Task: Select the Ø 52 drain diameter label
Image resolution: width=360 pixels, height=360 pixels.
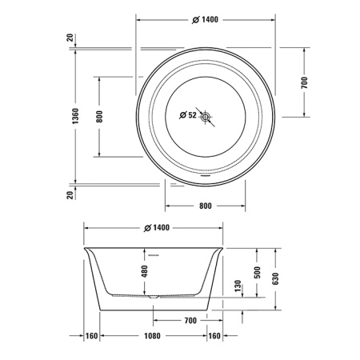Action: click(187, 116)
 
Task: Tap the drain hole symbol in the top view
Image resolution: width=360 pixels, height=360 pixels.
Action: click(206, 117)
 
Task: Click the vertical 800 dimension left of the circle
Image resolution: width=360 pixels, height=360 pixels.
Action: click(99, 117)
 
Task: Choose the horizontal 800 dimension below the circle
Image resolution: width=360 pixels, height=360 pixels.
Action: click(204, 206)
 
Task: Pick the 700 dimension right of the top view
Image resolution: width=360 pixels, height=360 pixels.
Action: click(305, 82)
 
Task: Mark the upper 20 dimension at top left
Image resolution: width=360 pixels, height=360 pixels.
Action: click(70, 39)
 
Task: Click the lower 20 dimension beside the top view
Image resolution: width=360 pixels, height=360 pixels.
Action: click(70, 194)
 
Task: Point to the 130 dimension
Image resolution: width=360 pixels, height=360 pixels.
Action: click(237, 286)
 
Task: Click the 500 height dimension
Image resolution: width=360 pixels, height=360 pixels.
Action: click(258, 272)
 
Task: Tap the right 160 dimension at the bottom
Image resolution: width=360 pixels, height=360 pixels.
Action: click(214, 336)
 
